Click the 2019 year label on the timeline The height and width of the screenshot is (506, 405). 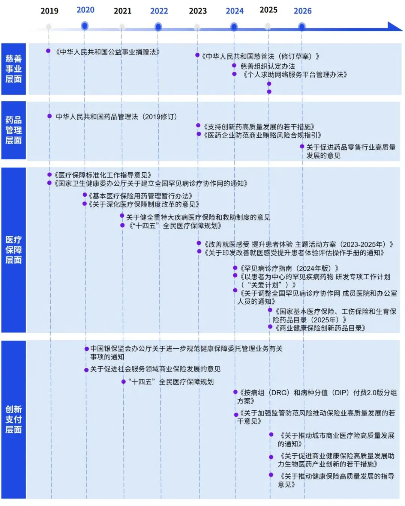coord(49,11)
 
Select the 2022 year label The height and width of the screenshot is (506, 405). coord(159,11)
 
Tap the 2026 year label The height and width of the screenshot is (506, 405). coord(303,11)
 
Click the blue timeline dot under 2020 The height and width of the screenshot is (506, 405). coord(85,26)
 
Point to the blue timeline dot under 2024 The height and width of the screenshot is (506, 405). coord(234,27)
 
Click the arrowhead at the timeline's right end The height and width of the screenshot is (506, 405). coord(394,26)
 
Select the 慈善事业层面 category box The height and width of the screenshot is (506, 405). coord(13,69)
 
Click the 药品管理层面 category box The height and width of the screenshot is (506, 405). coord(13,130)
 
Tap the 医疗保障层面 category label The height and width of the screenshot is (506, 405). coord(13,250)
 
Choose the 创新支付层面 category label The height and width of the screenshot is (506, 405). coord(13,419)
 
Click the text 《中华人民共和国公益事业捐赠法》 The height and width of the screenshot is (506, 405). coord(107,52)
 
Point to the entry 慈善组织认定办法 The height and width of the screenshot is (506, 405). coord(268,66)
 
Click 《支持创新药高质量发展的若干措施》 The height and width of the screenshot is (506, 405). coord(259,127)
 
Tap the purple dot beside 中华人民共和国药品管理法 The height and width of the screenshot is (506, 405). coord(49,116)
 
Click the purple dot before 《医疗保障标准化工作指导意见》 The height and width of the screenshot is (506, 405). coord(49,175)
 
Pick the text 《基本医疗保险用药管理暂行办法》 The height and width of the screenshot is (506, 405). coord(140,196)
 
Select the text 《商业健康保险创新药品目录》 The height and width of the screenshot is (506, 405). coord(320,328)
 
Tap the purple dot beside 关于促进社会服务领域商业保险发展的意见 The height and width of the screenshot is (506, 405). coord(86,370)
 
